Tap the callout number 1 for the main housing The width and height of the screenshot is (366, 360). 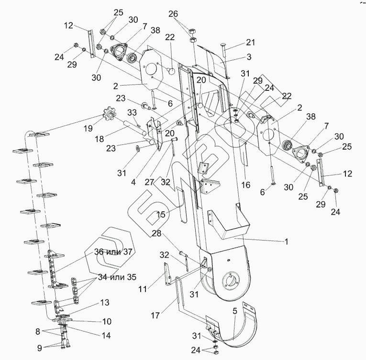(x=286, y=242)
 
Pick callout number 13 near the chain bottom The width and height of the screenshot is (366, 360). (x=105, y=303)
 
